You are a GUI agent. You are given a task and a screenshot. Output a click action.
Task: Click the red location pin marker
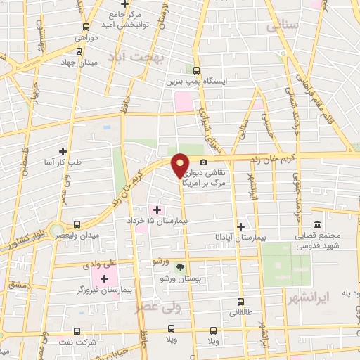tap(181, 165)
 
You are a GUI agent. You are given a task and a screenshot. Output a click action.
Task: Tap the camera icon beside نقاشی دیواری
tap(203, 162)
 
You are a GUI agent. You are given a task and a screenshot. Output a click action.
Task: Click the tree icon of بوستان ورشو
tap(181, 267)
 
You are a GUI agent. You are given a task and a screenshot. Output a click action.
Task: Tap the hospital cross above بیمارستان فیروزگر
tap(104, 278)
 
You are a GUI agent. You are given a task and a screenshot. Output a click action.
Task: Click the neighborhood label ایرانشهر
tap(307, 298)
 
